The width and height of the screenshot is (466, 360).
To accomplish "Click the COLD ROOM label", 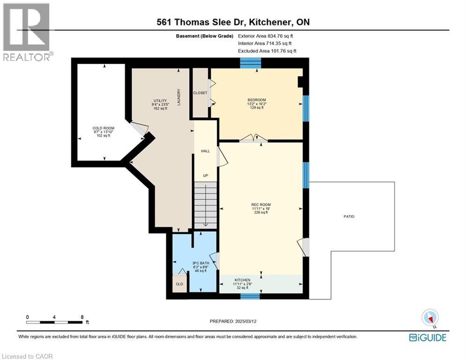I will click(103, 128).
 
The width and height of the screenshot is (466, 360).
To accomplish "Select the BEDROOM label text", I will click(257, 100).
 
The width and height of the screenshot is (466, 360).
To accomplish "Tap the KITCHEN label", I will click(242, 280).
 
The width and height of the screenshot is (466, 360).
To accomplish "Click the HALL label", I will click(205, 151).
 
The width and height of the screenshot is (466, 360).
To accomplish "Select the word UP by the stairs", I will click(205, 175).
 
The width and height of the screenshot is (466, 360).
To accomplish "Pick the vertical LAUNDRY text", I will click(179, 97).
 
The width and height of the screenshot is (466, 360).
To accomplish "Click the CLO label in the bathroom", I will click(179, 284).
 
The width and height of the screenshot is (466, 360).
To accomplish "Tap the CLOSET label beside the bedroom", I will click(200, 93).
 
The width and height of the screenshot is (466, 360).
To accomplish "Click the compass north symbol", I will click(429, 318).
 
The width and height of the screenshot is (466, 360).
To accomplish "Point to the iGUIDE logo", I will click(428, 337).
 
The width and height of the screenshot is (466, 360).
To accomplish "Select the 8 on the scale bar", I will click(82, 317).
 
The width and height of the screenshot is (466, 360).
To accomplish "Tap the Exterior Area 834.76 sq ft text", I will click(266, 36).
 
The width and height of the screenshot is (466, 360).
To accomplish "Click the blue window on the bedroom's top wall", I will click(250, 62).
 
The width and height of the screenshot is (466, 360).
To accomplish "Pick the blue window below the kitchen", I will click(250, 295).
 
